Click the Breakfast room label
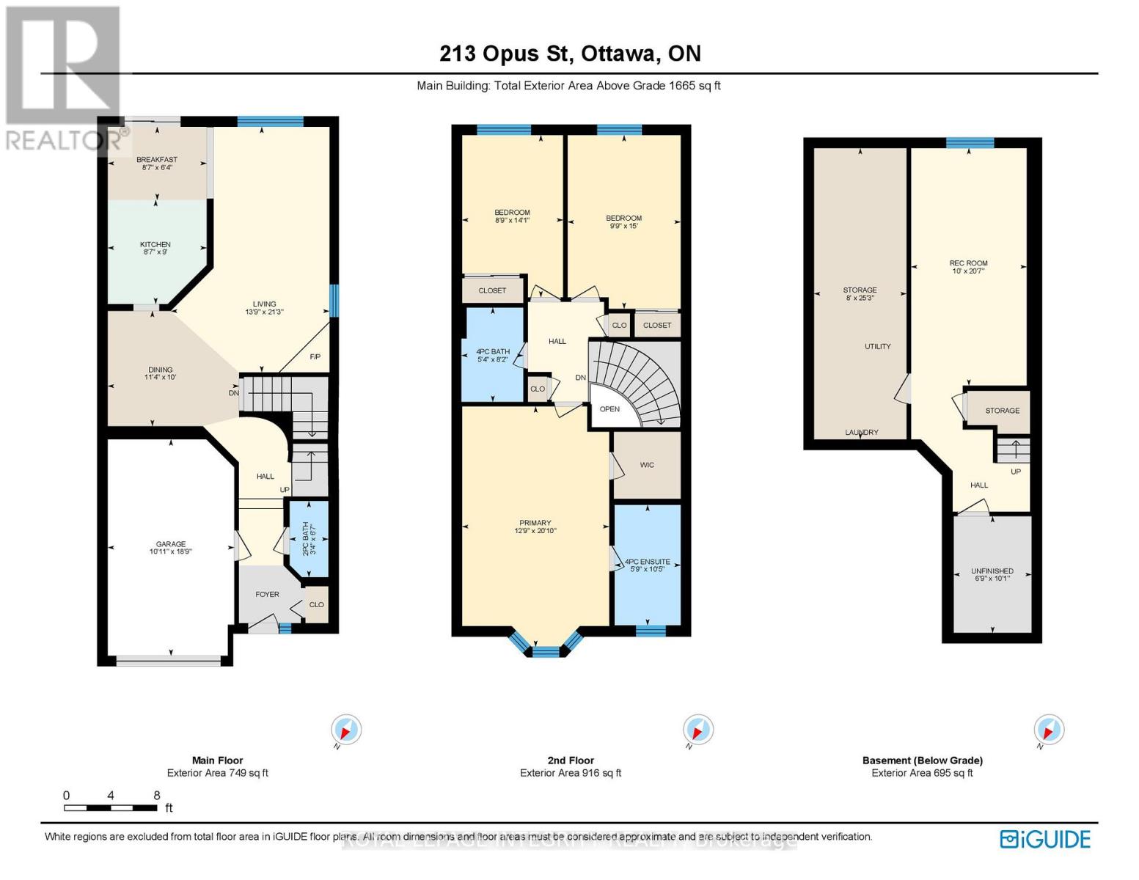click(x=156, y=160)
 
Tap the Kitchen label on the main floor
click(x=155, y=245)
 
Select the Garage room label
click(x=170, y=544)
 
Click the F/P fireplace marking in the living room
click(x=315, y=357)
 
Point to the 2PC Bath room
click(x=308, y=539)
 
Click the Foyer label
click(x=267, y=595)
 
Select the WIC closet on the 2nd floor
click(x=646, y=465)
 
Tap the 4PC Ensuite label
click(x=647, y=562)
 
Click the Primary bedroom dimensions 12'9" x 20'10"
click(x=535, y=531)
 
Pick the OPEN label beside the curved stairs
click(x=609, y=409)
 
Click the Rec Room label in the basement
click(x=968, y=263)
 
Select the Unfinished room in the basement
click(x=992, y=571)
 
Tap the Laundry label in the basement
click(x=861, y=433)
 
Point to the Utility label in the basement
click(x=877, y=346)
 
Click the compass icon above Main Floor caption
click(x=346, y=730)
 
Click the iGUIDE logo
click(x=1045, y=839)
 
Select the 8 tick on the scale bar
click(x=156, y=796)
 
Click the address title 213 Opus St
click(x=508, y=54)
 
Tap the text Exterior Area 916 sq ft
click(x=571, y=773)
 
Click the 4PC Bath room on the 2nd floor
click(x=492, y=356)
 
